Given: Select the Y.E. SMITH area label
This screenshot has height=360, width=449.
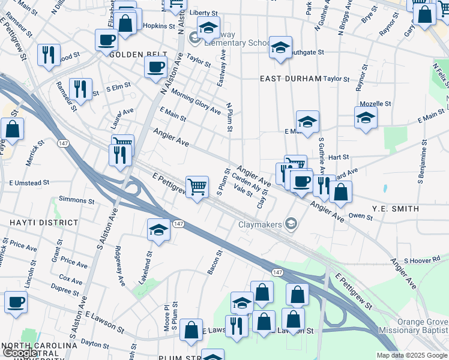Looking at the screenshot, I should point(394,208).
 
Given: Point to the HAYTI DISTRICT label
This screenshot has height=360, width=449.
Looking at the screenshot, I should point(27,222).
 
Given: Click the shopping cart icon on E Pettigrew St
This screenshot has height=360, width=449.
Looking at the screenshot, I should point(197,188).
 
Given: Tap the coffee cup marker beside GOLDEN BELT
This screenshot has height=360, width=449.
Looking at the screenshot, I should point(155,66).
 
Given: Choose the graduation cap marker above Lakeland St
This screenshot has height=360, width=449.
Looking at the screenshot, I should point(158,230).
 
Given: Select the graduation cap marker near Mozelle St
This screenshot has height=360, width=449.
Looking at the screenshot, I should point(365,118).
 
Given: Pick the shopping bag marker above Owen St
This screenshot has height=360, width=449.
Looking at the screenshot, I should point(340,192).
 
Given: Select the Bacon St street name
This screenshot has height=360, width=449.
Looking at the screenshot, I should point(215,262).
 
